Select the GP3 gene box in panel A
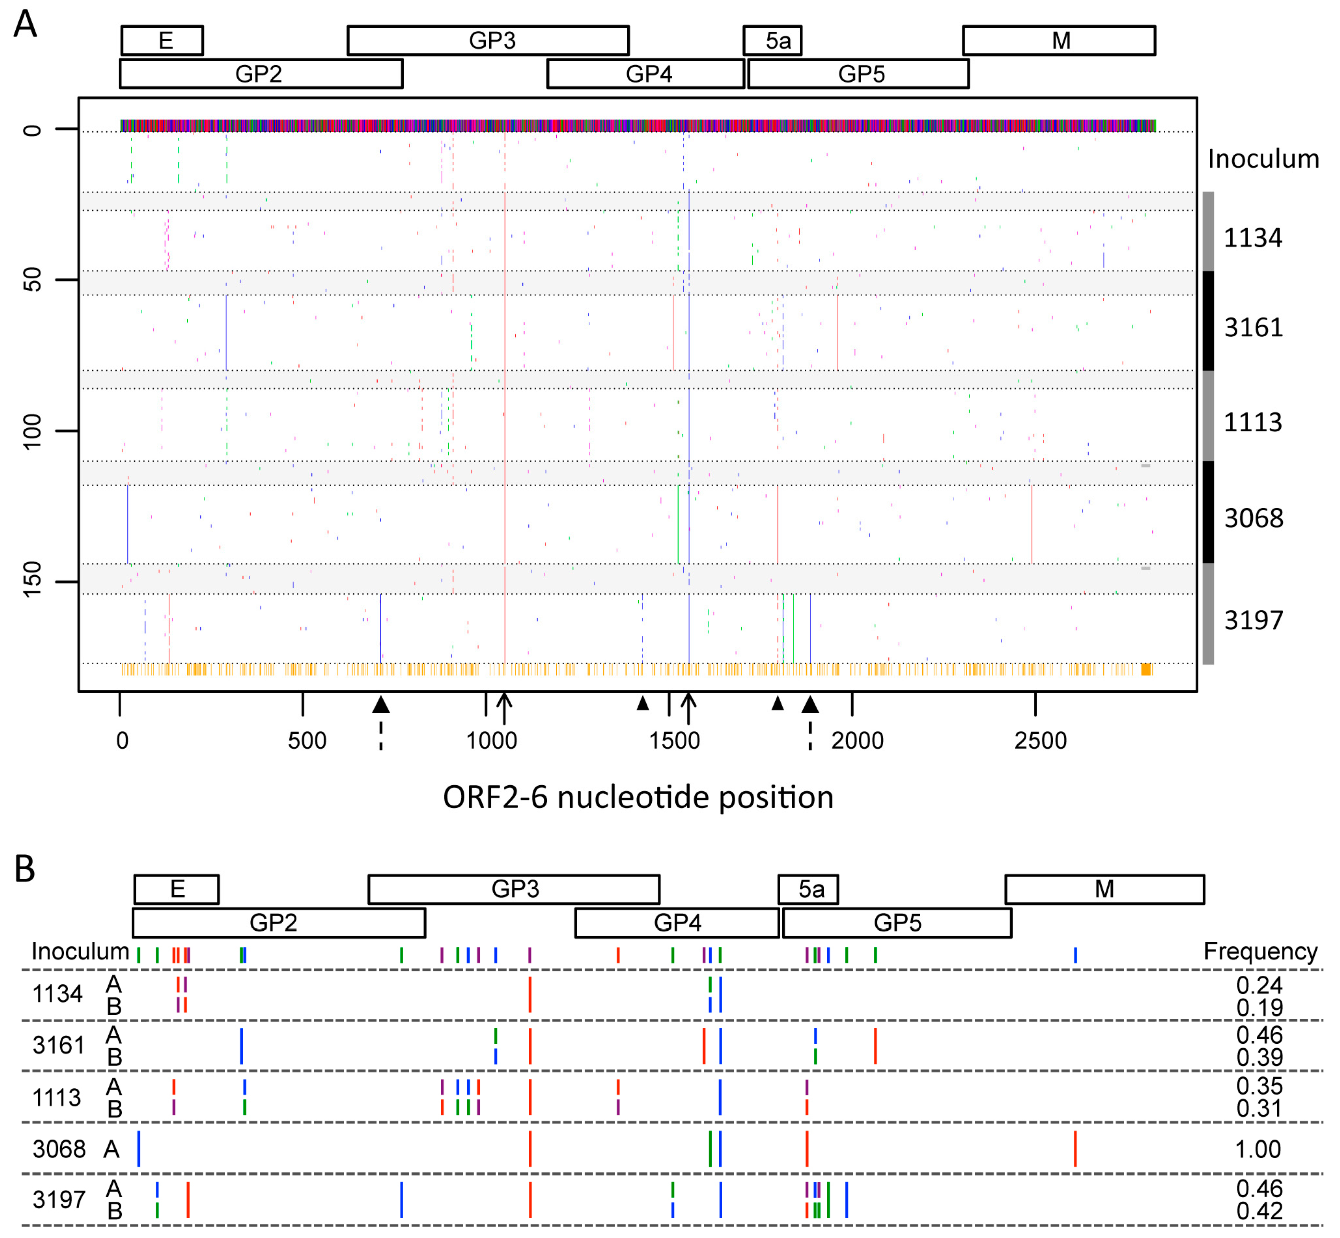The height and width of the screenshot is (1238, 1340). [488, 40]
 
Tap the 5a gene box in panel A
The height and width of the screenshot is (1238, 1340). [772, 40]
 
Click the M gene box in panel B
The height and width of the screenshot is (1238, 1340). [1104, 889]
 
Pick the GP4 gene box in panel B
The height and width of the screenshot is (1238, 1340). [677, 922]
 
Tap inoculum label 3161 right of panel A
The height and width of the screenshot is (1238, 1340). [1253, 328]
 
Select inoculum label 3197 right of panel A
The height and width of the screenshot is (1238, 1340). [1253, 620]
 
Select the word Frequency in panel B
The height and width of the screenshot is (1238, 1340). [1259, 951]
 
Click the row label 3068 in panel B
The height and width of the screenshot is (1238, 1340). [59, 1149]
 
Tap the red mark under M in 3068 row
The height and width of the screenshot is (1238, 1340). [1075, 1149]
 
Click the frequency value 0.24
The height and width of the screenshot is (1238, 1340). [1259, 985]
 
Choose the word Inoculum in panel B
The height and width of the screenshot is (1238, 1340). [80, 951]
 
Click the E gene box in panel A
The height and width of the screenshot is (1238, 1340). [162, 40]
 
